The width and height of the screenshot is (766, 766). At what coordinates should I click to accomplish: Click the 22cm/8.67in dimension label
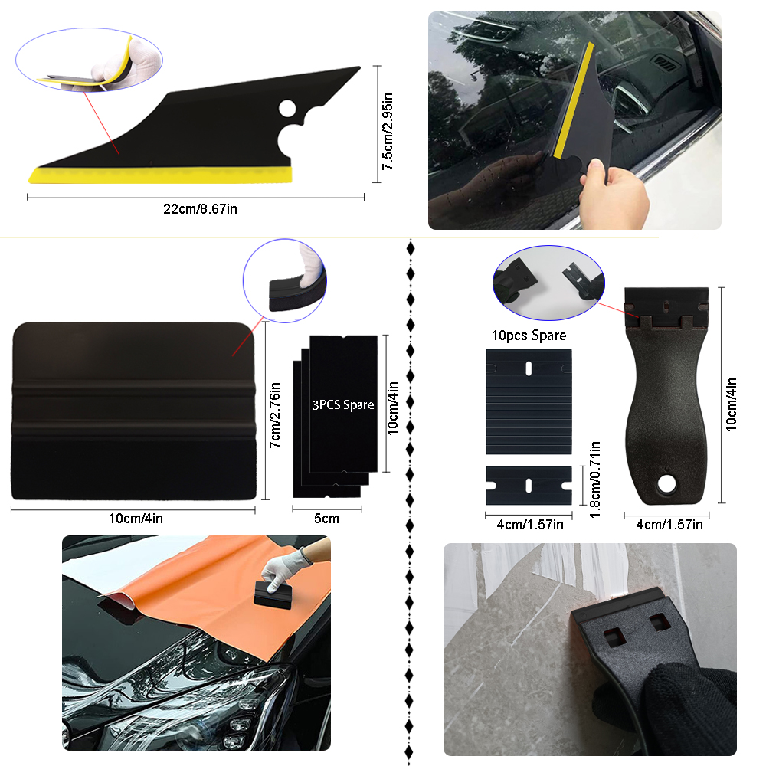(200, 209)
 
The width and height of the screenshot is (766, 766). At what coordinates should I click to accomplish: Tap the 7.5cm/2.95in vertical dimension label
(388, 131)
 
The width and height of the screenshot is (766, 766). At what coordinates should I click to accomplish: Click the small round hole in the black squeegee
(287, 109)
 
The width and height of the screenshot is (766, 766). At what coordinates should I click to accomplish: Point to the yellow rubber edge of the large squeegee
(160, 175)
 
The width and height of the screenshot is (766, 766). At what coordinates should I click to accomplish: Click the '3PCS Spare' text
(343, 405)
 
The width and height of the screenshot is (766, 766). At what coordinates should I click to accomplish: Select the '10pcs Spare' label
(529, 336)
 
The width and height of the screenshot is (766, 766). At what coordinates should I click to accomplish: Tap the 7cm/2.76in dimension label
(275, 414)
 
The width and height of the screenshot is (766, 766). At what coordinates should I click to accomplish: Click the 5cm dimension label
(327, 519)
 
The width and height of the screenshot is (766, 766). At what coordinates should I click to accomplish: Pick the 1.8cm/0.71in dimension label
(595, 480)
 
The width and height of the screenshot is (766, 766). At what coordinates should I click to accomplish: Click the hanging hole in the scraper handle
(666, 483)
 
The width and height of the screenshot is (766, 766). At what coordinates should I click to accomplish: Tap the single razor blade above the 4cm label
(529, 485)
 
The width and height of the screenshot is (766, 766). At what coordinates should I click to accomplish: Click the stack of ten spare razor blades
(529, 401)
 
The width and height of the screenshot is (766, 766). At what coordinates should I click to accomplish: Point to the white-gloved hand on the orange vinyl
(284, 566)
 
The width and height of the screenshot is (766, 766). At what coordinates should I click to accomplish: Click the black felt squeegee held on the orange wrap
(273, 595)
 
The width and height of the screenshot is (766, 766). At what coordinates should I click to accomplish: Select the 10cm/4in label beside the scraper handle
(732, 404)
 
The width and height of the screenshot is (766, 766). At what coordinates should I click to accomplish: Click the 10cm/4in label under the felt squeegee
(136, 519)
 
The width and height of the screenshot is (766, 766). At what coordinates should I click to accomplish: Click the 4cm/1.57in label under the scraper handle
(669, 525)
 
